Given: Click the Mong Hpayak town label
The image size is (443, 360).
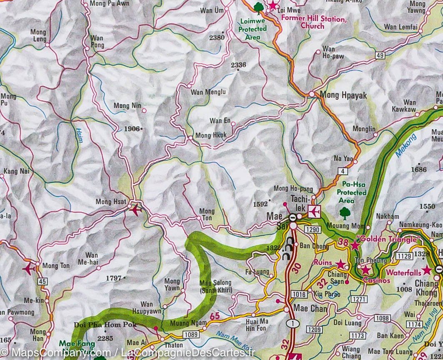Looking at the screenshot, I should (343, 96).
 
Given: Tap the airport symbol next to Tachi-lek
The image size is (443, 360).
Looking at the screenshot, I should (314, 212).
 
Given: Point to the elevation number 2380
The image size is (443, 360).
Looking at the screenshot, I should (217, 37).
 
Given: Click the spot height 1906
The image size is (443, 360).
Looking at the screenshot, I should (132, 129).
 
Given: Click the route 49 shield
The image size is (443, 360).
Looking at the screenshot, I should (379, 55).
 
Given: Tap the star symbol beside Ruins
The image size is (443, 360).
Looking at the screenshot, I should (341, 264).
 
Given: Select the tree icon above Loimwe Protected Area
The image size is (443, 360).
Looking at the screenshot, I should (258, 8).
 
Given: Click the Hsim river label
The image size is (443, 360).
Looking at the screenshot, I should (79, 136).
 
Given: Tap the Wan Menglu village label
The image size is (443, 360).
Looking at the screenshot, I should (208, 92).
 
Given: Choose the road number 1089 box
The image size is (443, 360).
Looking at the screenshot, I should (191, 334).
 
